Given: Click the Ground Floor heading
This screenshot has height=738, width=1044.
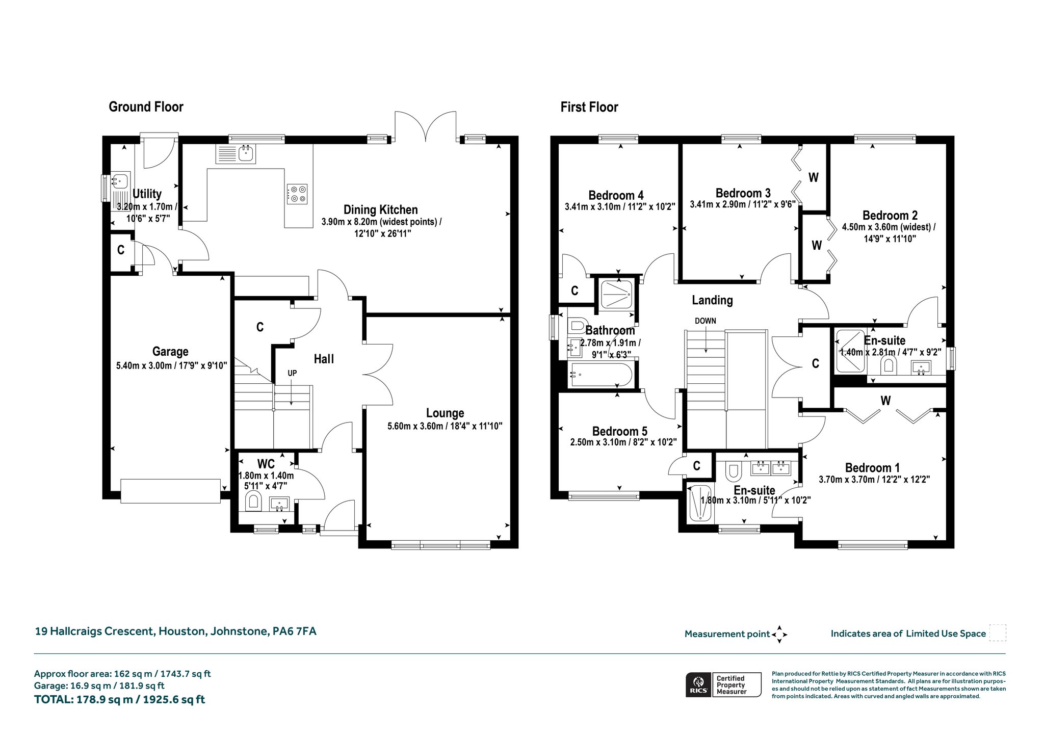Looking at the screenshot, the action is [146, 107].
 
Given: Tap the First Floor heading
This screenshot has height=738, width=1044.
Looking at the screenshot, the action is [589, 107].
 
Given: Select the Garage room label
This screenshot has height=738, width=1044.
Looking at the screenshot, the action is [170, 352].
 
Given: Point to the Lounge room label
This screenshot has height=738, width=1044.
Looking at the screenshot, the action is [445, 413].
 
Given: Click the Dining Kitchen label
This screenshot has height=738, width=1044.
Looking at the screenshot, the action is [380, 209].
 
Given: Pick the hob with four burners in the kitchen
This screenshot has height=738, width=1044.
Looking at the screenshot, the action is [297, 194].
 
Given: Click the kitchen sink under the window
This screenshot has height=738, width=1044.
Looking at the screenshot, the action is [236, 154].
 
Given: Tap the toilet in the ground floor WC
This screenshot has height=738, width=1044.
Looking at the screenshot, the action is [253, 502].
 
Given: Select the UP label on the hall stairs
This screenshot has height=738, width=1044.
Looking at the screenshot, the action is [292, 373].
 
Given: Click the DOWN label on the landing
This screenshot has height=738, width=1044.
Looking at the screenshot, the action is [706, 321].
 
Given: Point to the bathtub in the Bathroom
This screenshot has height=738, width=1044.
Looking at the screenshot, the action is [602, 375].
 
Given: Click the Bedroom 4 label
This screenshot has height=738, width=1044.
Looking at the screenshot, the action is [616, 195].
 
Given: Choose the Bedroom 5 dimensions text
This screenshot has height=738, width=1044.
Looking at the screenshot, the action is [623, 442].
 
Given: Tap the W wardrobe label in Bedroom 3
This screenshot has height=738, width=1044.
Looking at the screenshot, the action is [814, 177].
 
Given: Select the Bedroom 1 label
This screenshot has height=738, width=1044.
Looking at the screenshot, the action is [872, 468].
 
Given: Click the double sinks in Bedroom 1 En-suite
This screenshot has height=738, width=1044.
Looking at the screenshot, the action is [771, 468].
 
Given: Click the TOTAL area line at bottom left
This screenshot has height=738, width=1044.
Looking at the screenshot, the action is [119, 700].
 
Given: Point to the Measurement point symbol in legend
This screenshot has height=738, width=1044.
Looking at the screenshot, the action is [779, 635].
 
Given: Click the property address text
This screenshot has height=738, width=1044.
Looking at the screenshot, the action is [175, 631].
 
